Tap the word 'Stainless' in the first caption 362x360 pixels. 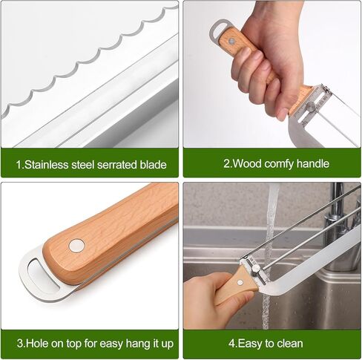tap(47, 165)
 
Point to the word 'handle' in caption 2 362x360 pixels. tap(312, 164)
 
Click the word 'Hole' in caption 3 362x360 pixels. tap(37, 343)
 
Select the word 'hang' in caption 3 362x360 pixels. tap(128, 343)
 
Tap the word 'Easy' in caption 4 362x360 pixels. tap(251, 343)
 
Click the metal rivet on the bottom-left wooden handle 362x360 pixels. tap(76, 246)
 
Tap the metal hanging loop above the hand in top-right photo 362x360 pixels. tap(217, 30)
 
